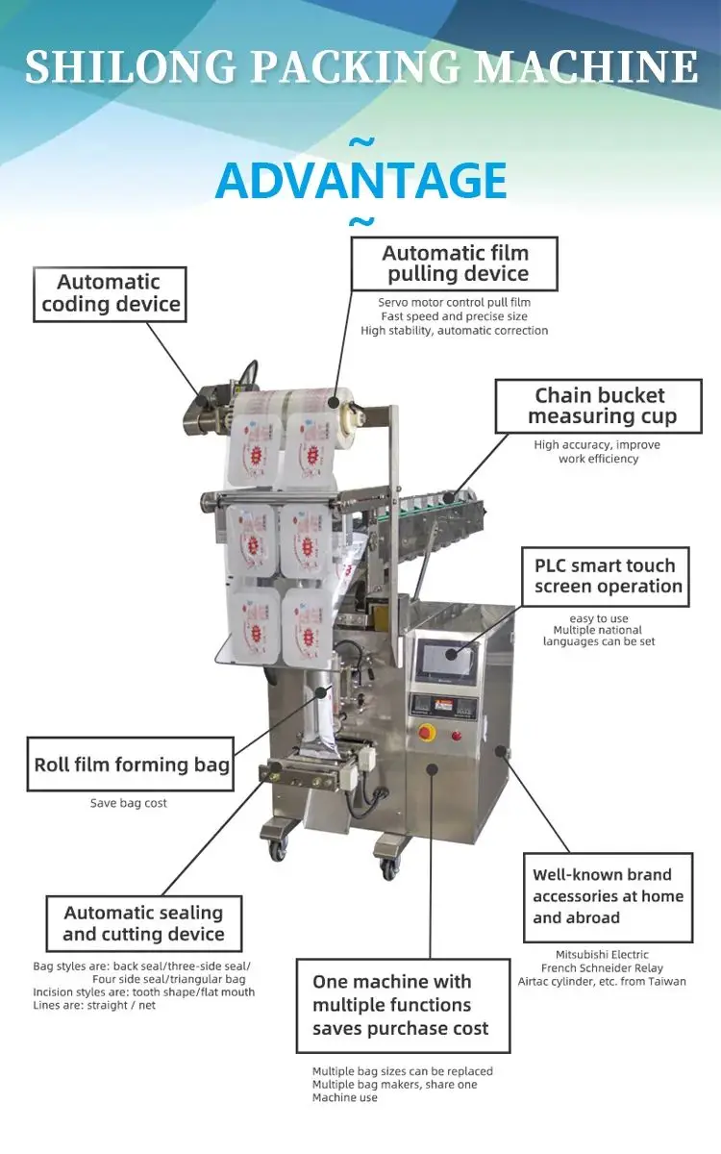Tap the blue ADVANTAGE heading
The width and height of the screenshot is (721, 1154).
[x=361, y=181]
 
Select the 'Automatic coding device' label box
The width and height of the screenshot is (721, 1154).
[x=110, y=293]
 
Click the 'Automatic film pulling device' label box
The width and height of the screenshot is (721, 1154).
[x=455, y=263]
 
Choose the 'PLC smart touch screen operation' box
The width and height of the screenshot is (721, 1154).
[x=606, y=576]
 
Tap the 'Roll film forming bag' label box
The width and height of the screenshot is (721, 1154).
[x=131, y=765]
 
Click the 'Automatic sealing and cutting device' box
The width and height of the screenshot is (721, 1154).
[x=143, y=923]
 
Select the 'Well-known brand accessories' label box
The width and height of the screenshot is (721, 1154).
[x=608, y=896]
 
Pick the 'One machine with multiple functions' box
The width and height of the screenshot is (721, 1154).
[x=402, y=1005]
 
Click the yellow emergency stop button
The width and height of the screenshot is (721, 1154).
[x=426, y=733]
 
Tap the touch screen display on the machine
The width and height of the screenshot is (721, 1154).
[x=447, y=663]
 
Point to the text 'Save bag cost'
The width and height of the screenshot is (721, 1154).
[x=129, y=803]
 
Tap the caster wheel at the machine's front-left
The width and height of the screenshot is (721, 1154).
[x=279, y=848]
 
